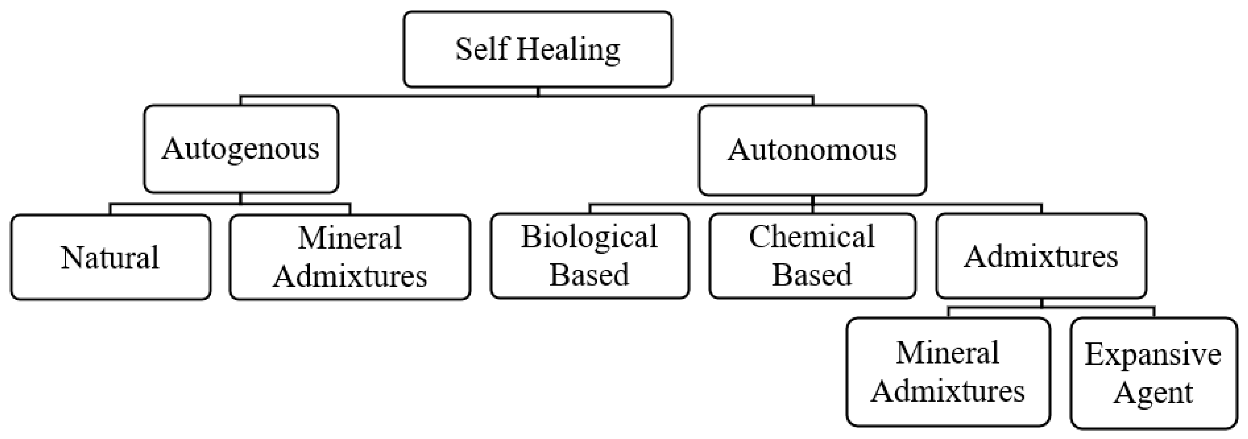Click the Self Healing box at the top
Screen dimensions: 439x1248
click(537, 50)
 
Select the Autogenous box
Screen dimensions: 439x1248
click(241, 149)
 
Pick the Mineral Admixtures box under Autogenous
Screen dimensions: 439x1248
click(350, 257)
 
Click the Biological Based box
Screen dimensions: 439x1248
click(589, 256)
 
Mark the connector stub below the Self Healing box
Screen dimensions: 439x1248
click(538, 92)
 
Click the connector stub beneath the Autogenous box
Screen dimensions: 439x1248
click(241, 198)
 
